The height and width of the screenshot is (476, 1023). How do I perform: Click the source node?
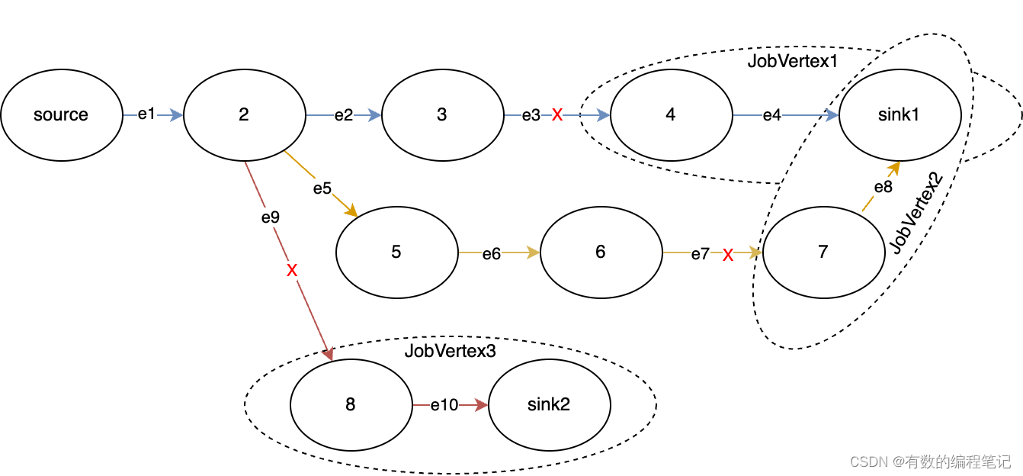61,115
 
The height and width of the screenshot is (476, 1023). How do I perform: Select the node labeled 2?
244,115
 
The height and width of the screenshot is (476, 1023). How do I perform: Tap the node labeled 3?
442,115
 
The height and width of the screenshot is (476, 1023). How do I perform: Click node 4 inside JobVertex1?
671,115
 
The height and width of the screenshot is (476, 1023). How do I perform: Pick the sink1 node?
900,115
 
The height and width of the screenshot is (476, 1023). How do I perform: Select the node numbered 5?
396,252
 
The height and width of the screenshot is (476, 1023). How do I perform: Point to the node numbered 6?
601,252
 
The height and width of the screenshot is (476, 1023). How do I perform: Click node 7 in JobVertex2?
823,252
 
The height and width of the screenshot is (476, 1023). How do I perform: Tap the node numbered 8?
351,405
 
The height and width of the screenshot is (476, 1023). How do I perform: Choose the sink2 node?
549,405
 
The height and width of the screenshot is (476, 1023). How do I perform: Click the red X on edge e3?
557,115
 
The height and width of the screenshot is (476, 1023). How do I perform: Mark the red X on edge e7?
728,256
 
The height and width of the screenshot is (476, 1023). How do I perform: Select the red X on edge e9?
292,270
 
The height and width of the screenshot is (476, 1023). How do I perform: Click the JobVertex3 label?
450,351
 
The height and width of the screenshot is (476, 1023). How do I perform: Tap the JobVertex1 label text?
792,62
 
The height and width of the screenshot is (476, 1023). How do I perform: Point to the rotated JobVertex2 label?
917,214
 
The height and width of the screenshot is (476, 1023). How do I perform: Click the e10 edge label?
444,405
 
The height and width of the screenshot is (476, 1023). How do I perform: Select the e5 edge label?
322,188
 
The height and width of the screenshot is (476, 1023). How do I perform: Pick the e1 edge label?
146,114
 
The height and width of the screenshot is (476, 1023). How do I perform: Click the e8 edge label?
883,188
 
